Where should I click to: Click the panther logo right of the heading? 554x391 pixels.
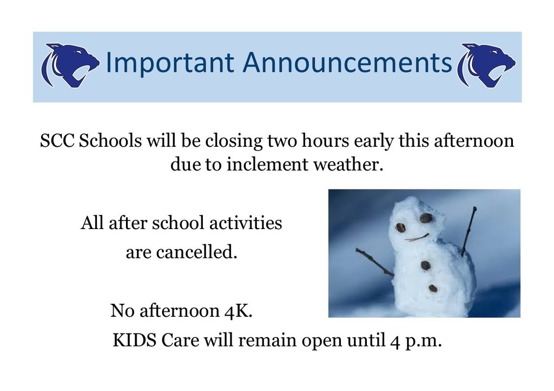click(x=486, y=65)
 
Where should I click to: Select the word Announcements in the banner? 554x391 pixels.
click(x=347, y=62)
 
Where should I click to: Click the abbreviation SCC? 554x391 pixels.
click(x=57, y=141)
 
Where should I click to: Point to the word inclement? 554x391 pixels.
click(x=267, y=165)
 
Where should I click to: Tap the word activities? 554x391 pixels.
click(x=246, y=223)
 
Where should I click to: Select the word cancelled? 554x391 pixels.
click(x=196, y=252)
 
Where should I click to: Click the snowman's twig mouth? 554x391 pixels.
click(x=417, y=238)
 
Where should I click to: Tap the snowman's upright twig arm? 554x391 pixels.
click(x=469, y=232)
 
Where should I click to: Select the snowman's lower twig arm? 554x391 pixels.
click(x=374, y=262)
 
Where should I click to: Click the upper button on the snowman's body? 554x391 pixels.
click(x=425, y=265)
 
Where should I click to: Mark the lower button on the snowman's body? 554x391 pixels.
click(x=433, y=289)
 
